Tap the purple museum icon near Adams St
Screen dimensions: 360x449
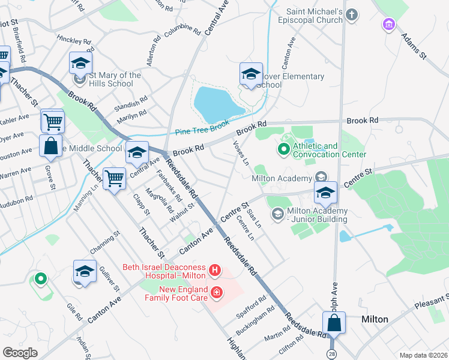click(x=389, y=25)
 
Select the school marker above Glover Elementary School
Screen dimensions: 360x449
click(x=251, y=74)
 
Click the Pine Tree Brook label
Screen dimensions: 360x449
click(x=203, y=130)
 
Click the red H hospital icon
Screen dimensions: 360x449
click(x=215, y=272)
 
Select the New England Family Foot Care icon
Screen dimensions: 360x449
click(x=215, y=293)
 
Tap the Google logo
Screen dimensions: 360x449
click(x=20, y=353)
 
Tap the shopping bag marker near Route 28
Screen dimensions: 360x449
click(x=335, y=322)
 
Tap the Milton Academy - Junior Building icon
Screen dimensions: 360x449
click(x=277, y=214)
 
